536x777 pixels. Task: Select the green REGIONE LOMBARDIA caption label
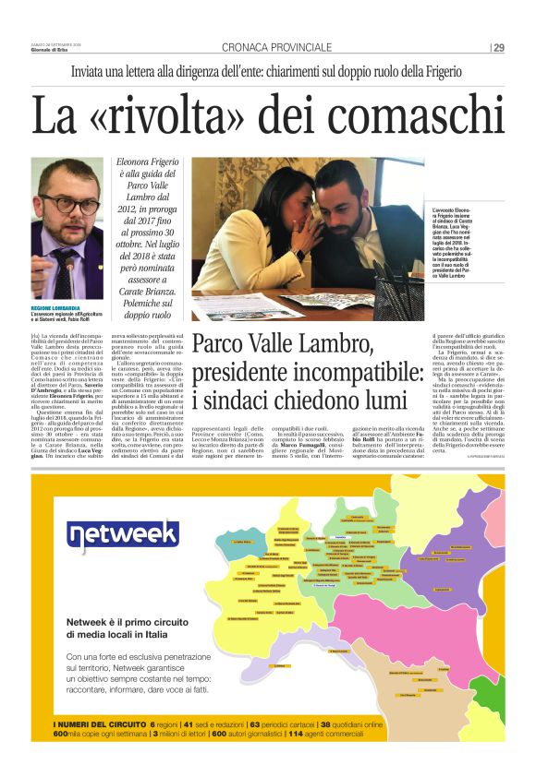click(x=57, y=307)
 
